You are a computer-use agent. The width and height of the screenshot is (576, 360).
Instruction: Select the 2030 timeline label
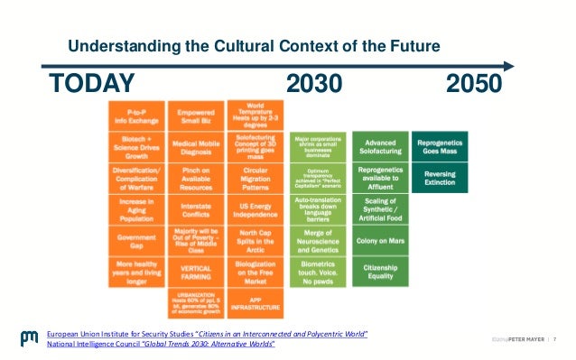tap(314, 84)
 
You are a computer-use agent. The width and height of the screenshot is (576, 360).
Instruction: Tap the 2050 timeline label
tap(474, 84)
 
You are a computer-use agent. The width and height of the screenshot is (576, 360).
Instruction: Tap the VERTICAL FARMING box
tap(195, 272)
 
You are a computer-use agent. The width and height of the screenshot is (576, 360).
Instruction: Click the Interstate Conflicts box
tap(195, 209)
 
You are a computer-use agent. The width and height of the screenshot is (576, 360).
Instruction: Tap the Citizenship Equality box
tap(380, 272)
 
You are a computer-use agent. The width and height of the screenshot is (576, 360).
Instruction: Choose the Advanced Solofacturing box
tap(380, 146)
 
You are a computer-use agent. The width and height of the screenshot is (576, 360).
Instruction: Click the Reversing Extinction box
tap(439, 178)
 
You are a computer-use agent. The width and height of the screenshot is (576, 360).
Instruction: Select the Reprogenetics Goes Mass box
tap(439, 146)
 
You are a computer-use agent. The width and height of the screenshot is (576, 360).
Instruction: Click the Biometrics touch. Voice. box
tap(317, 272)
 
